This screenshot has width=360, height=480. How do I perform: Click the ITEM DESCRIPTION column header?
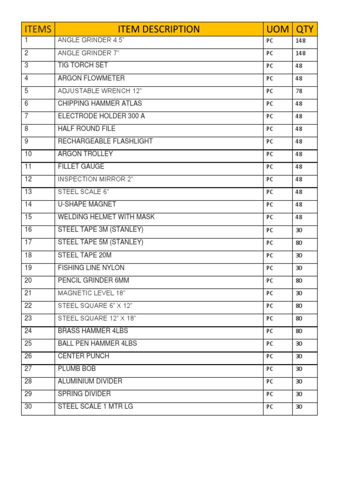(x=158, y=29)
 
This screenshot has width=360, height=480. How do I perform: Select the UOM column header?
(x=277, y=29)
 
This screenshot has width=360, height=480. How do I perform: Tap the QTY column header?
(x=305, y=29)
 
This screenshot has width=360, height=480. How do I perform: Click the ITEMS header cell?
(x=38, y=29)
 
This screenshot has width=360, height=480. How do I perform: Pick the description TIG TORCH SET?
(x=82, y=65)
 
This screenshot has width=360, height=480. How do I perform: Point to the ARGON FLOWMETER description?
(x=91, y=78)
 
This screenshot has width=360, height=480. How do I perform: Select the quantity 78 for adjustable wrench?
(x=299, y=91)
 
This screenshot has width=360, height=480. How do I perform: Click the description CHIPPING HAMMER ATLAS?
(x=99, y=103)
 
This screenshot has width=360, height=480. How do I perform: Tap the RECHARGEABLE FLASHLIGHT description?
(x=105, y=141)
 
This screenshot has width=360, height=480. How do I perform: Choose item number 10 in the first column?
(x=29, y=154)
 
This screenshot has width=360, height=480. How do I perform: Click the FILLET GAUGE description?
(x=81, y=166)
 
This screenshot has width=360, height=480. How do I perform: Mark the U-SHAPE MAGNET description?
(x=87, y=204)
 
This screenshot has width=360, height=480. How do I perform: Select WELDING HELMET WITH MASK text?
(x=106, y=217)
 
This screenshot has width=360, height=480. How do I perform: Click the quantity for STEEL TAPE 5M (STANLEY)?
(x=299, y=243)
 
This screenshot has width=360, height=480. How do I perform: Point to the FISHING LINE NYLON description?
(x=91, y=268)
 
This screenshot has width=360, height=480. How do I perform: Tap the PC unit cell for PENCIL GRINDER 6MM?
(x=270, y=281)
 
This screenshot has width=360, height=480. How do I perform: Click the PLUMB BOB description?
(x=76, y=368)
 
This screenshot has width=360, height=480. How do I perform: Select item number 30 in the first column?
(x=29, y=406)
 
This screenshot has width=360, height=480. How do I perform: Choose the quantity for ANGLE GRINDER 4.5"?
(x=300, y=41)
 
